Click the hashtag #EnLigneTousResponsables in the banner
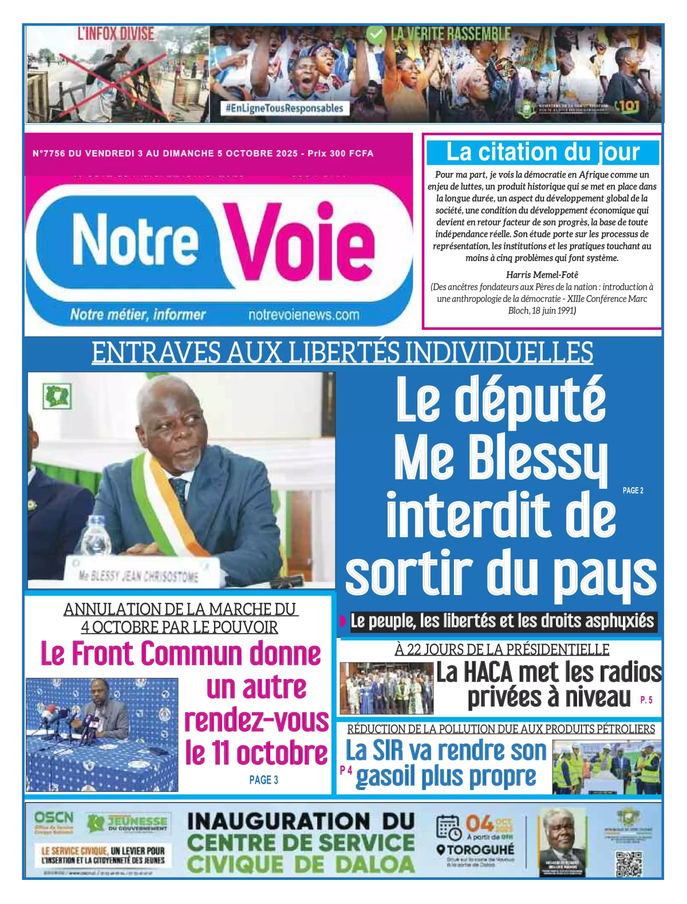[285, 108]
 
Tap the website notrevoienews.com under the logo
[303, 315]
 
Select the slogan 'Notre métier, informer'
[137, 314]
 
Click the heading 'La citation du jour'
[542, 152]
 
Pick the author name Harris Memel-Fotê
[542, 275]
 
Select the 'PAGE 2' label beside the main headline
[633, 491]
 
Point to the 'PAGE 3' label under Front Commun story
[263, 780]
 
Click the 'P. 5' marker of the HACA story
[646, 700]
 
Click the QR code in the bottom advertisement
[628, 863]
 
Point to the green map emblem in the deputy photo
[57, 397]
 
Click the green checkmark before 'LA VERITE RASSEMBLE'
[376, 35]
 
